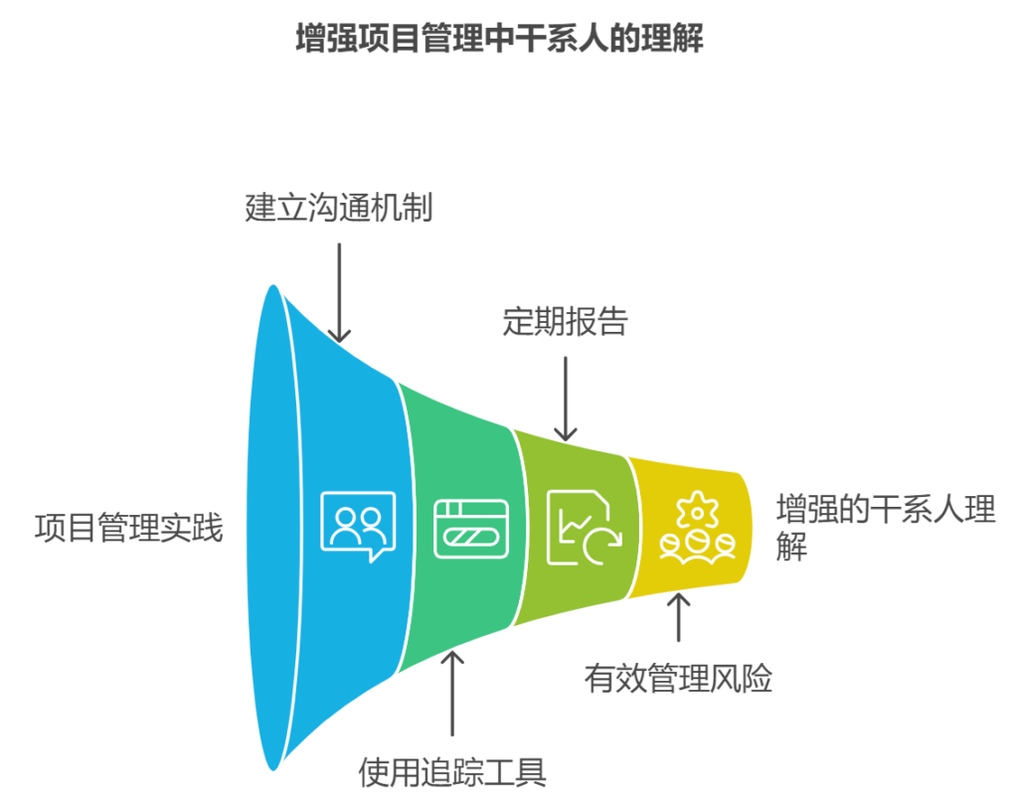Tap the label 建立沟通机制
[x=339, y=209]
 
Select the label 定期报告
[x=565, y=322]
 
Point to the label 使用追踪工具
[x=452, y=772]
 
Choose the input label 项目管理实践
[x=129, y=527]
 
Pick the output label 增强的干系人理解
[x=885, y=528]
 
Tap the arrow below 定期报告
[x=565, y=398]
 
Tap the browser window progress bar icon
[x=471, y=528]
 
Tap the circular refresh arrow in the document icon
[x=601, y=543]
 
